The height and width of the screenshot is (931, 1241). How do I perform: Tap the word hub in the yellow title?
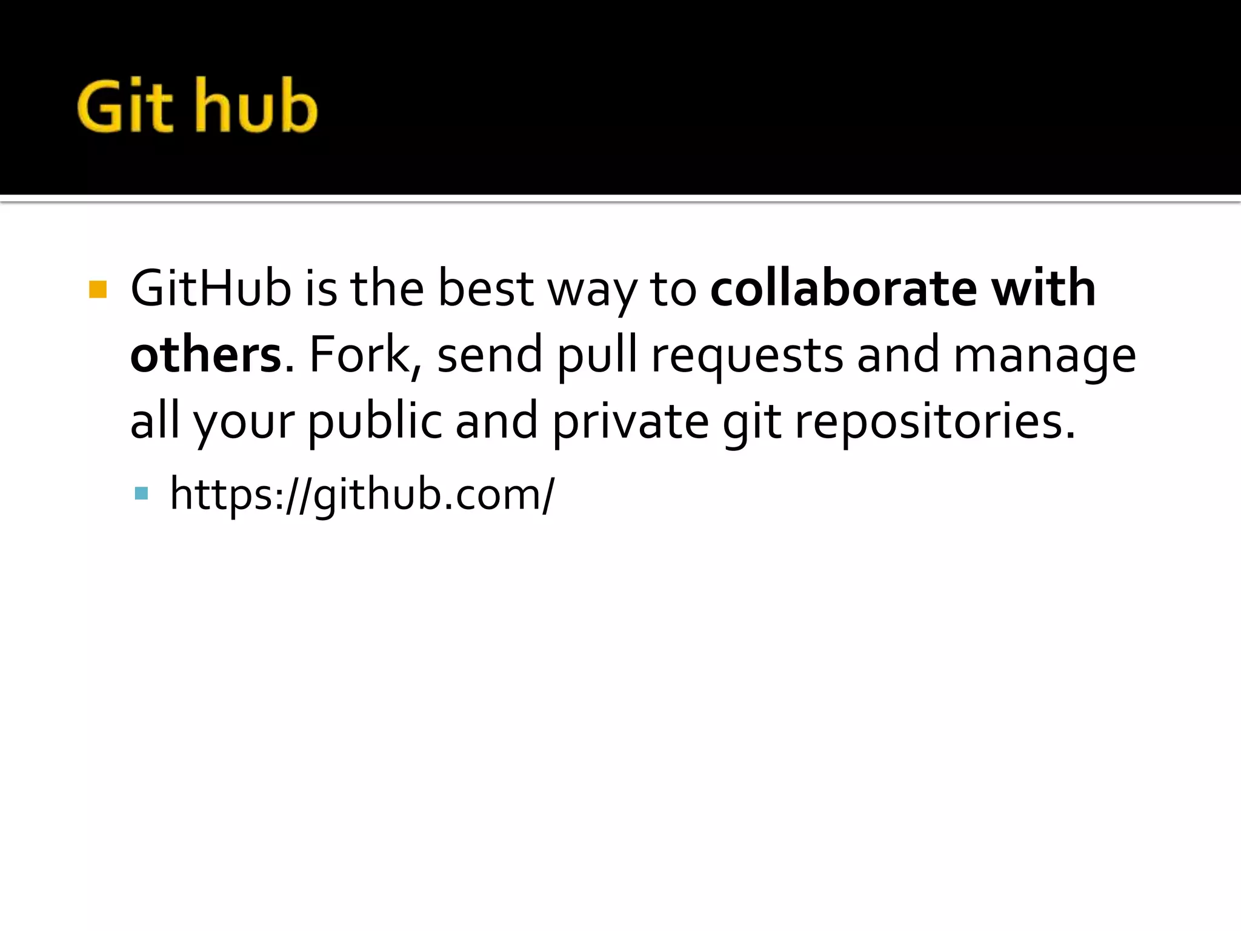[x=256, y=106]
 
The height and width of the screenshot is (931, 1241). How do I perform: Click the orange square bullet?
[x=98, y=289]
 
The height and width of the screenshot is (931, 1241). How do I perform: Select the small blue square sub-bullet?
[x=142, y=493]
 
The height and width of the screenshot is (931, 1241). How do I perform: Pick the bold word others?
[x=206, y=355]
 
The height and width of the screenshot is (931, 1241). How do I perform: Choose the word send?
[x=490, y=355]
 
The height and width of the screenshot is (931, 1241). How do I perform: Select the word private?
[x=630, y=422]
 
